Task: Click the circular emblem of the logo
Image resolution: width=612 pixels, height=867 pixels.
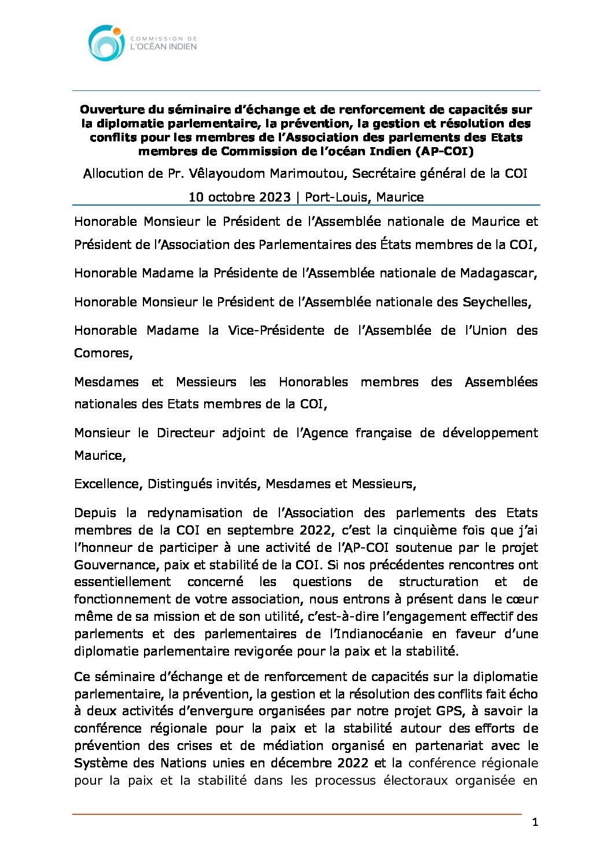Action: coord(106,43)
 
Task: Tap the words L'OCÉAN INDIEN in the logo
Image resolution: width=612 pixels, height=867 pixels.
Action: coord(164,46)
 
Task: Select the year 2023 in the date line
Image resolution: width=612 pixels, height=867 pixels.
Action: coord(275,197)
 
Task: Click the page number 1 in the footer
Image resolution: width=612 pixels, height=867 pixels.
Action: coord(535,822)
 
